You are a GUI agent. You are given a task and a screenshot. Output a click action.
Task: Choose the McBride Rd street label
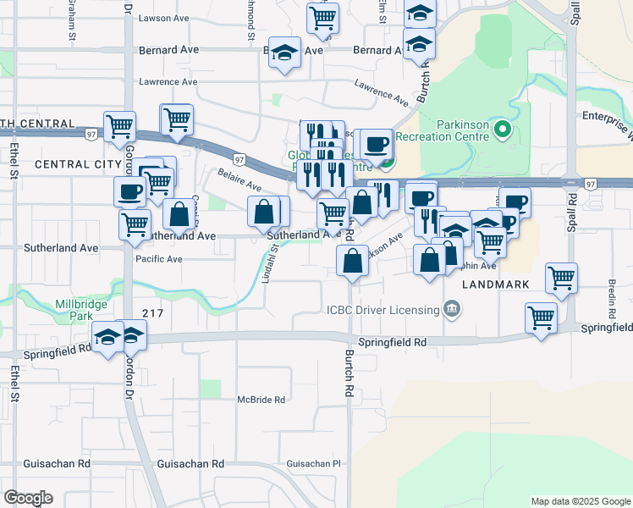(x=261, y=400)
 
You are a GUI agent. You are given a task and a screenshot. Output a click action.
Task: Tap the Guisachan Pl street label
(x=312, y=464)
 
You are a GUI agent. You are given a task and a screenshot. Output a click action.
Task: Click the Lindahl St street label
(x=268, y=263)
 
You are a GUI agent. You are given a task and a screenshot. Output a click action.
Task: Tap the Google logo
(x=28, y=498)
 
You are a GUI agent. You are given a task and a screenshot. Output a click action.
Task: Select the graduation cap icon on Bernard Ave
(x=285, y=52)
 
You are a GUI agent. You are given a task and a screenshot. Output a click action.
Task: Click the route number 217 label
(x=152, y=312)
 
